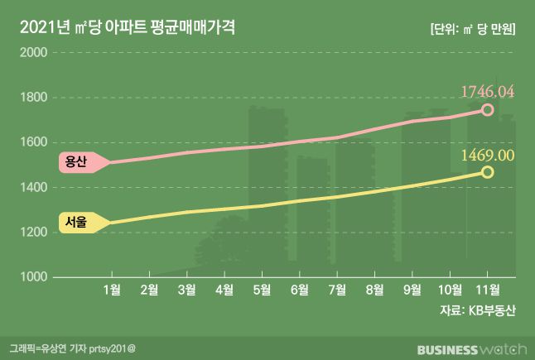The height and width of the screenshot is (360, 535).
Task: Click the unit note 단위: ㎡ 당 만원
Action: (x=473, y=27)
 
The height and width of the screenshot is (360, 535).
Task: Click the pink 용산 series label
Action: (x=76, y=162)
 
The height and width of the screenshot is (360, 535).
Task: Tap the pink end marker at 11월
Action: (x=487, y=110)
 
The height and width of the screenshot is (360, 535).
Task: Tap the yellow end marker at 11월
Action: (x=487, y=172)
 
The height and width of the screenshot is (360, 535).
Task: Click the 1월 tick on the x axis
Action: (x=113, y=289)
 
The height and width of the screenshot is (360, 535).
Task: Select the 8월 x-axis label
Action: (x=374, y=289)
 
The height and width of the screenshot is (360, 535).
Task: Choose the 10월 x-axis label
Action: (x=449, y=289)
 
